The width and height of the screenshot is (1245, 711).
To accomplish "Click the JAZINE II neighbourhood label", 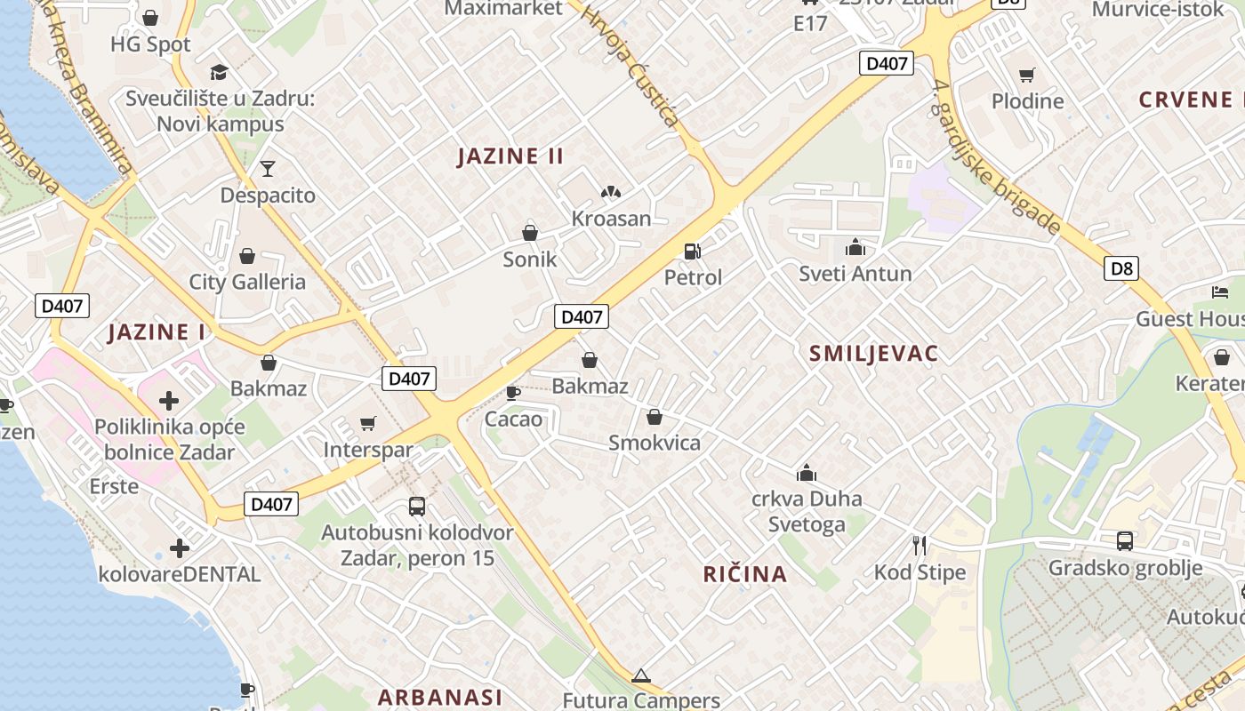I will [x=510, y=156].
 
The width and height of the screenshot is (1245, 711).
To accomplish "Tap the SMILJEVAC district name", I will [x=873, y=354].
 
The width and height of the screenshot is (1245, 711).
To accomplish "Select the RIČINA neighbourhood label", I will [x=745, y=574].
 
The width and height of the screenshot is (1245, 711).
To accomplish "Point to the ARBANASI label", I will [x=440, y=697].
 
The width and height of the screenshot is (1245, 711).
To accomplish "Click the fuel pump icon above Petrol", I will [x=693, y=252].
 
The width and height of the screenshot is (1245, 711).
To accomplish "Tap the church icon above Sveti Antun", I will [x=855, y=247].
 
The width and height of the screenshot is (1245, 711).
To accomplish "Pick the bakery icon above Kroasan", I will [x=610, y=192].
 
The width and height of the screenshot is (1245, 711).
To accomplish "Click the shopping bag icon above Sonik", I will [x=530, y=233].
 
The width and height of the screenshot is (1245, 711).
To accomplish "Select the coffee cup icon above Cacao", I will [x=513, y=393].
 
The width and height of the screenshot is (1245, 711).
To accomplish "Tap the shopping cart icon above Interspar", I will [x=368, y=423].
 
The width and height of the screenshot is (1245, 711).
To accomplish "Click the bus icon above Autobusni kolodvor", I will [x=417, y=507].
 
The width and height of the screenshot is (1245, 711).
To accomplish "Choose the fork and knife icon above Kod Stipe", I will [x=920, y=546].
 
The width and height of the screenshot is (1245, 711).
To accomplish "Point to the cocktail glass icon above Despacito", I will [x=268, y=168].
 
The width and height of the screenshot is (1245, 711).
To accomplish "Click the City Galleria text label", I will [x=247, y=283].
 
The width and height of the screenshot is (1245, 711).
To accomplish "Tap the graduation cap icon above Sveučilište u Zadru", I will [x=220, y=72].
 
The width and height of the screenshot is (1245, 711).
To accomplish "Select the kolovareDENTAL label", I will [x=180, y=574].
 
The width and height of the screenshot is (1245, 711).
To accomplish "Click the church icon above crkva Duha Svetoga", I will [x=807, y=472].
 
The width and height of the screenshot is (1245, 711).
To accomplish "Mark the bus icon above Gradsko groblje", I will [x=1125, y=540].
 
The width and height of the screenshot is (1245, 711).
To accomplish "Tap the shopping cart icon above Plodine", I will [x=1027, y=75].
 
